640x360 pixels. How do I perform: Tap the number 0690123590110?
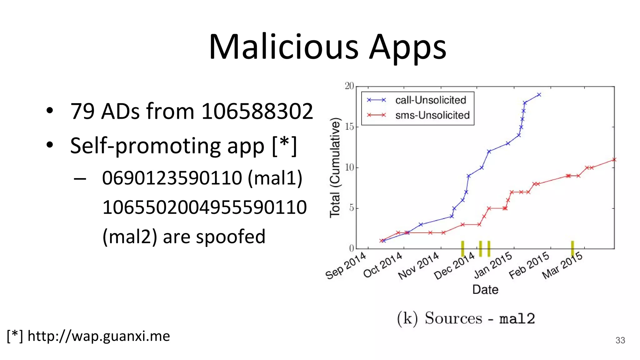172,178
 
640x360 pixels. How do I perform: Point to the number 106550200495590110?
204,207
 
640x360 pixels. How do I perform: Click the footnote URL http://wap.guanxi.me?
99,336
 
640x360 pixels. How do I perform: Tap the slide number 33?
620,340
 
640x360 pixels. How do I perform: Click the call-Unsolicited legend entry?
430,100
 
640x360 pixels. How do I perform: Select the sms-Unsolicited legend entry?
432,115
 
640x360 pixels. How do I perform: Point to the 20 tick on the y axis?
349,86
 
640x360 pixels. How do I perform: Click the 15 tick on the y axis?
349,127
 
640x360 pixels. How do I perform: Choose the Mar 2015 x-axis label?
562,266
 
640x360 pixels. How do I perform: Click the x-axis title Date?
485,290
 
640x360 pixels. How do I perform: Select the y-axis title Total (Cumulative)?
335,167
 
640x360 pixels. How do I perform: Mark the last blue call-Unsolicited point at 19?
539,95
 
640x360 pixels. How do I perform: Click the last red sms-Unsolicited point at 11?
614,160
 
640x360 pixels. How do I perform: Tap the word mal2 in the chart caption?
517,319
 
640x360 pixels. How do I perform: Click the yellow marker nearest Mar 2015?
572,249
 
